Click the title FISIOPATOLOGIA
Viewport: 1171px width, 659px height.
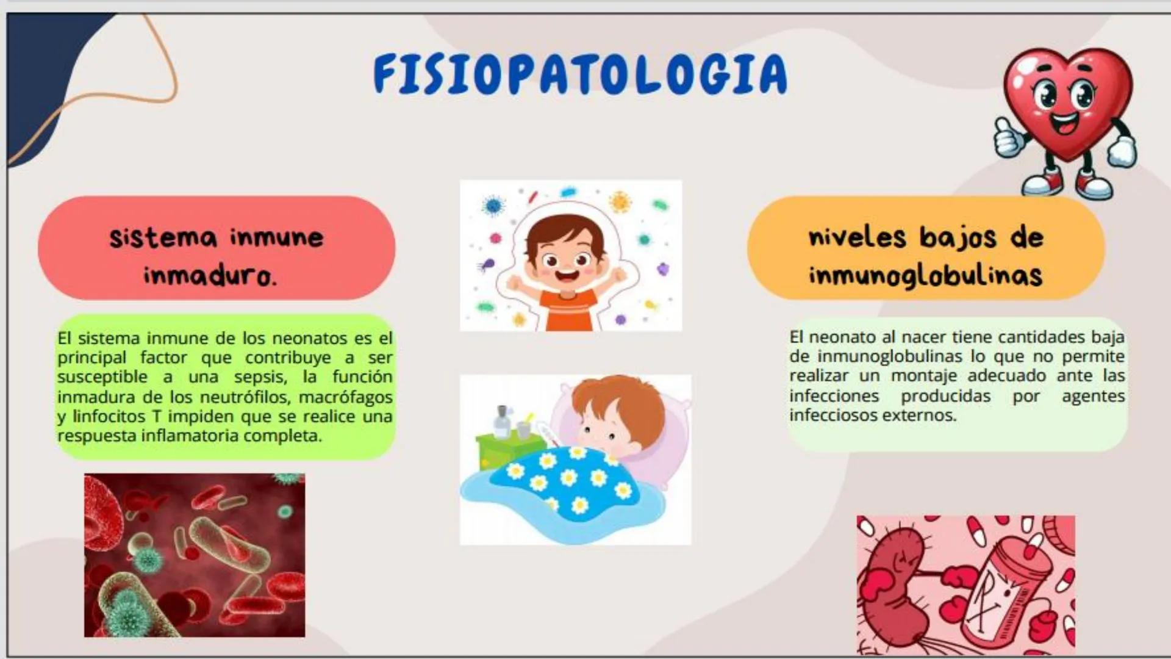pyautogui.click(x=579, y=74)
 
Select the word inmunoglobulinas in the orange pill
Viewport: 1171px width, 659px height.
pyautogui.click(x=925, y=275)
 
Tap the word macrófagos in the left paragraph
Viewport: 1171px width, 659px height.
pyautogui.click(x=346, y=397)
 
